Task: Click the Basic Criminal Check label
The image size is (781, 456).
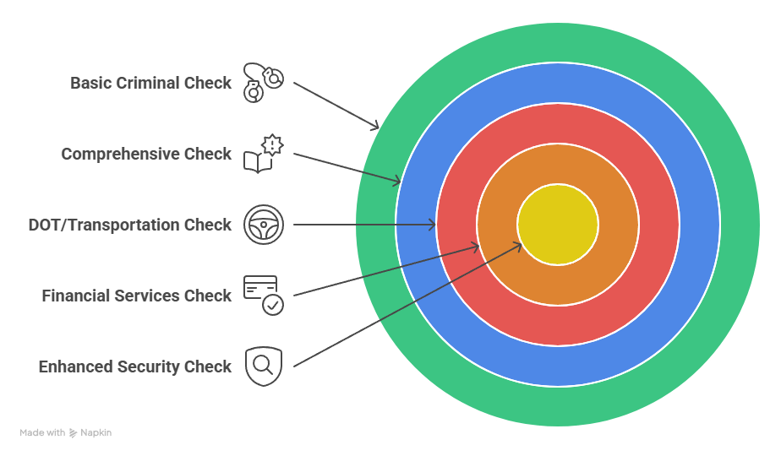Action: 150,83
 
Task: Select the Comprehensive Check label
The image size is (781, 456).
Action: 146,154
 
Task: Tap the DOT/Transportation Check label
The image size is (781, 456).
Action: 129,225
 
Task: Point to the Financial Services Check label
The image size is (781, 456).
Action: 136,296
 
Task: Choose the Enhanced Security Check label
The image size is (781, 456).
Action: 134,366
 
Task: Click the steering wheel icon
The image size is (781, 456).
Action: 264,225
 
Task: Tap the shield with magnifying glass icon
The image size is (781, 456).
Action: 264,366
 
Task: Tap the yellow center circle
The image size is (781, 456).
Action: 558,225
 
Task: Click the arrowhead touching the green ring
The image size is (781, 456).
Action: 375,126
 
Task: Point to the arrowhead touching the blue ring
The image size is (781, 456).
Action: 396,181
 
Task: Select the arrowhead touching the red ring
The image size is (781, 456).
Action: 432,225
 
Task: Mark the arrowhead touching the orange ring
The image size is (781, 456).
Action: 475,247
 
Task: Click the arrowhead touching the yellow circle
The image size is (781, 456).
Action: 517,245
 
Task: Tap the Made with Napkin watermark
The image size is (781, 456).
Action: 66,432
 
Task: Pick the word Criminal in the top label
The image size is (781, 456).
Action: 149,83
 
